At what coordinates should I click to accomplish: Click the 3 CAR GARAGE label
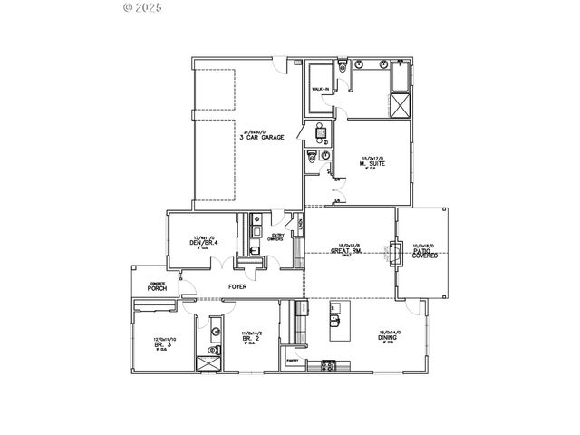click(x=262, y=137)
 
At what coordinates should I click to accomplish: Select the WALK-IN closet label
click(x=320, y=89)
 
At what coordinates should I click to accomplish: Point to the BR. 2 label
click(x=252, y=338)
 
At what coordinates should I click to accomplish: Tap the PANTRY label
click(x=293, y=360)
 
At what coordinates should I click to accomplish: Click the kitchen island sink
click(x=333, y=318)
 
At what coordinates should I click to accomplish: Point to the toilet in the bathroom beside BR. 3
click(x=214, y=350)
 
